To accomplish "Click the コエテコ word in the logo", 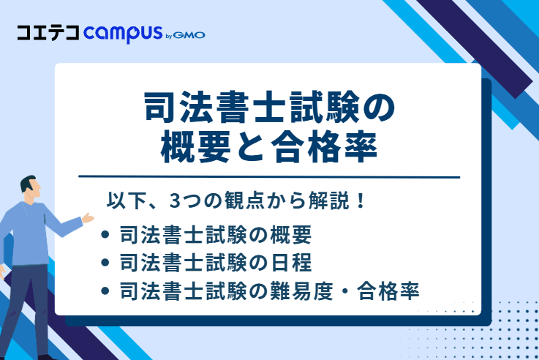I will click(48, 34).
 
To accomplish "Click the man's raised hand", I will click(88, 217).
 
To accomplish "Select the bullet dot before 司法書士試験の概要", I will click(105, 236).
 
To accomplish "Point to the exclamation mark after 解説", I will click(359, 200).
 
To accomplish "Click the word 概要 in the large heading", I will click(195, 149).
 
